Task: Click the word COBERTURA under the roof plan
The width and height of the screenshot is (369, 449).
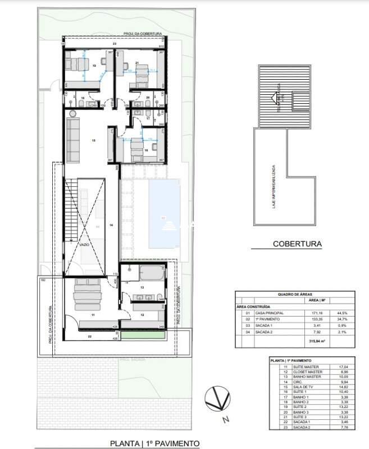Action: pos(297,244)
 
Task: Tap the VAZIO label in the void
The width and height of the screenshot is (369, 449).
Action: pos(84,245)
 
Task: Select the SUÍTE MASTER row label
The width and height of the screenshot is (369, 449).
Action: pos(298,366)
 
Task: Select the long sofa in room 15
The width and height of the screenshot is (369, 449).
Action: pos(73,138)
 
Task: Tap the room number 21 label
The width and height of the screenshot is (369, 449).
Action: pos(137,62)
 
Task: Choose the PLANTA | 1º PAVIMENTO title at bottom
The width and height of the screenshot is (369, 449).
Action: pos(155,443)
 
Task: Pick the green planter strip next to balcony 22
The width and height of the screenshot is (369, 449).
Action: pos(143,335)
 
